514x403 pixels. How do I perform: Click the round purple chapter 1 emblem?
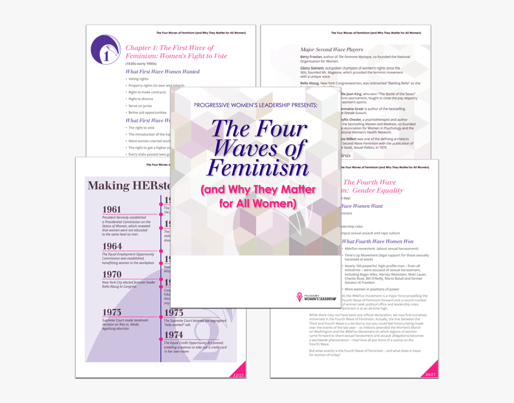(105, 50)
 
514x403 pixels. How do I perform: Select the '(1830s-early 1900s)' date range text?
(142, 63)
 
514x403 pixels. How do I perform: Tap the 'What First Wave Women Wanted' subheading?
(163, 72)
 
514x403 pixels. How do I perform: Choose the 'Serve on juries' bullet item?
(140, 106)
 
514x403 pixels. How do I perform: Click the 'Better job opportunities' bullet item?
(147, 112)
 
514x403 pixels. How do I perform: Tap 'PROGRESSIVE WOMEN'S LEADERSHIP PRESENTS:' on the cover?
(256, 105)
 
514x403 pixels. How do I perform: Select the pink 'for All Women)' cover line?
(257, 203)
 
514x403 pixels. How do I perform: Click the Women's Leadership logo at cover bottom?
(316, 297)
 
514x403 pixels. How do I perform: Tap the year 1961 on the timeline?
(112, 210)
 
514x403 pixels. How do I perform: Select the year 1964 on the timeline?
(112, 246)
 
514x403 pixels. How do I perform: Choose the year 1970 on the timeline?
(112, 274)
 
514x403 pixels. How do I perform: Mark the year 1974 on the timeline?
(173, 335)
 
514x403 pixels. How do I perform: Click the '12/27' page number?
(238, 375)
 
